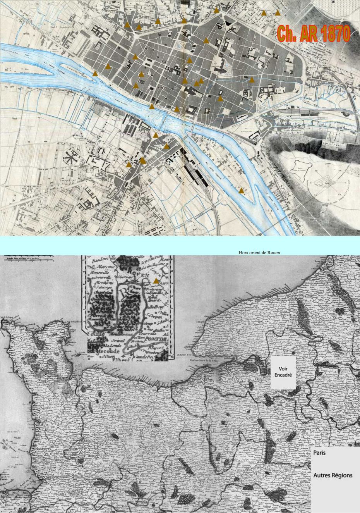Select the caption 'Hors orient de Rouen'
pos(259,253)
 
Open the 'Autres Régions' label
pos(333,475)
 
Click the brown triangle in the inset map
pos(156,281)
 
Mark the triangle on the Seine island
pos(242,190)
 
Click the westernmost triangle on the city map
pos(95,73)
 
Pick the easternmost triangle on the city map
pos(278,13)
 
